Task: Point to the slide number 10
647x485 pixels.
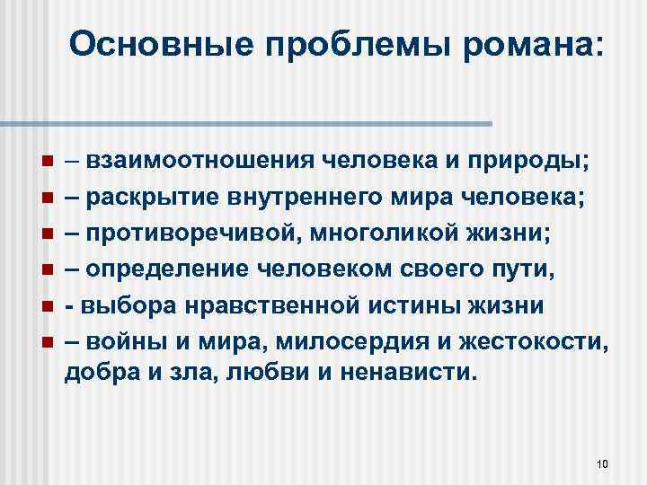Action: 602,463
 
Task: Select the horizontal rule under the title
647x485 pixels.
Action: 270,123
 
